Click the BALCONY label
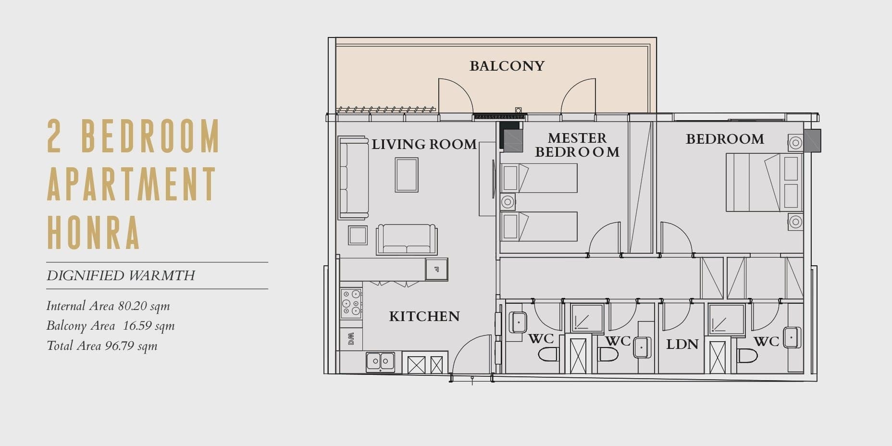pyautogui.click(x=507, y=66)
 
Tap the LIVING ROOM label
pyautogui.click(x=424, y=144)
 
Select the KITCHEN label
pyautogui.click(x=424, y=316)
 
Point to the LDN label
pyautogui.click(x=682, y=344)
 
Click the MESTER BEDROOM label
pyautogui.click(x=577, y=145)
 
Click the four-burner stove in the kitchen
pyautogui.click(x=351, y=303)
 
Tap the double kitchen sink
pyautogui.click(x=380, y=361)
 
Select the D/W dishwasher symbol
pyautogui.click(x=351, y=339)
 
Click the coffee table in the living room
pyautogui.click(x=407, y=175)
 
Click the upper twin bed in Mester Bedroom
pyautogui.click(x=539, y=178)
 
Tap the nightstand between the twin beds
pyautogui.click(x=508, y=202)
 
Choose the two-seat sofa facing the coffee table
pyautogui.click(x=407, y=239)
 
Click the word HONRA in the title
pyautogui.click(x=93, y=233)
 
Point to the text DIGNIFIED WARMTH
pyautogui.click(x=121, y=275)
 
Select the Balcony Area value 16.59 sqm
pyautogui.click(x=149, y=326)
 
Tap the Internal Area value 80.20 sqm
pyautogui.click(x=144, y=306)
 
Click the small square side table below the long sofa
pyautogui.click(x=358, y=235)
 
